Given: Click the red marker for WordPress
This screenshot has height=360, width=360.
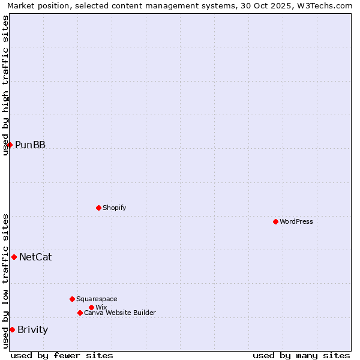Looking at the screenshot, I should pyautogui.click(x=275, y=221).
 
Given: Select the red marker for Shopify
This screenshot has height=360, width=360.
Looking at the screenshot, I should pyautogui.click(x=98, y=208).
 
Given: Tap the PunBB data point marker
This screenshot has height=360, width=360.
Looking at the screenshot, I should pyautogui.click(x=10, y=145).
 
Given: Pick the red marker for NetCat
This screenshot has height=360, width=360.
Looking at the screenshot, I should pyautogui.click(x=14, y=257).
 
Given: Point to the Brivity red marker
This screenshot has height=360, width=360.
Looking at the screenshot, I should pyautogui.click(x=12, y=329).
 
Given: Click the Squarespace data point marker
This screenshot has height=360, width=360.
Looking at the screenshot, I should pyautogui.click(x=72, y=299).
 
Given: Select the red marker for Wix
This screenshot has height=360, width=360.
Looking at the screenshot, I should pyautogui.click(x=91, y=307).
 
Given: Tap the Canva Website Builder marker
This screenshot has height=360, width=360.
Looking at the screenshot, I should pyautogui.click(x=80, y=313).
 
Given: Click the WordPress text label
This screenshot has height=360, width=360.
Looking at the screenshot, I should pyautogui.click(x=296, y=221).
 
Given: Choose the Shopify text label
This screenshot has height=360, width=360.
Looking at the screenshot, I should pyautogui.click(x=115, y=208).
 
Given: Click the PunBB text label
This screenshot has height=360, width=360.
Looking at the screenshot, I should pyautogui.click(x=30, y=145).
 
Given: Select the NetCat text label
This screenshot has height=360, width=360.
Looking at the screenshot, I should pyautogui.click(x=35, y=257).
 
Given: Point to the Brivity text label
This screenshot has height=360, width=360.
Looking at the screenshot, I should pyautogui.click(x=33, y=329).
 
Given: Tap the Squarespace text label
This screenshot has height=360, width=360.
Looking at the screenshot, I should pyautogui.click(x=97, y=299).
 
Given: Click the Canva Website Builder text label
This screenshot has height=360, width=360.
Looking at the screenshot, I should pyautogui.click(x=120, y=313).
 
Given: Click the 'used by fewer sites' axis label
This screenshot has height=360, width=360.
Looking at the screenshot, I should pyautogui.click(x=62, y=355).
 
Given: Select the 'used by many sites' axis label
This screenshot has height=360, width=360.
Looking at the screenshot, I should pyautogui.click(x=301, y=355).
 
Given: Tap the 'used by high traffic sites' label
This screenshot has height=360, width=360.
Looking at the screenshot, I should pyautogui.click(x=5, y=85).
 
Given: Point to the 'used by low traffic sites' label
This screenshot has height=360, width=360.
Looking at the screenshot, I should pyautogui.click(x=5, y=281).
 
